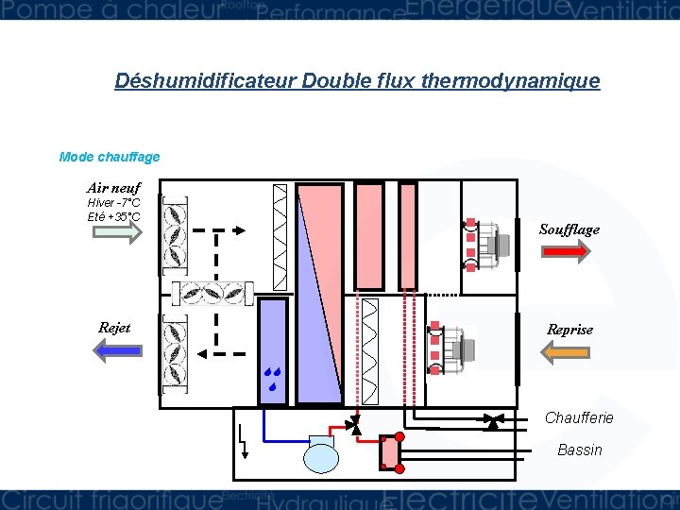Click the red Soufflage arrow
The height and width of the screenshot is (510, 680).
(564, 250)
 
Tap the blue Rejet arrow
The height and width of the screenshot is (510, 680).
(118, 350)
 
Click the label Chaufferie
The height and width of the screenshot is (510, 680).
(579, 417)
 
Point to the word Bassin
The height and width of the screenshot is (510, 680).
(579, 450)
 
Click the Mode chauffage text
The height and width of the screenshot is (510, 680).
(110, 157)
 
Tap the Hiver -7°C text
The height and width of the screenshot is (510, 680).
(113, 203)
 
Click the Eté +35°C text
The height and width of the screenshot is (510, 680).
(113, 216)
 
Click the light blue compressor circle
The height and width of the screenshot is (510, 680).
(319, 457)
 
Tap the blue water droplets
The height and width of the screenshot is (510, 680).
(273, 379)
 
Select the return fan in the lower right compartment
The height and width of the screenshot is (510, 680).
(454, 348)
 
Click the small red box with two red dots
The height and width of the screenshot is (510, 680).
(389, 452)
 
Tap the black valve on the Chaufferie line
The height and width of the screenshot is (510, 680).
(492, 421)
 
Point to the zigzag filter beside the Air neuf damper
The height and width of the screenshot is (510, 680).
(280, 236)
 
